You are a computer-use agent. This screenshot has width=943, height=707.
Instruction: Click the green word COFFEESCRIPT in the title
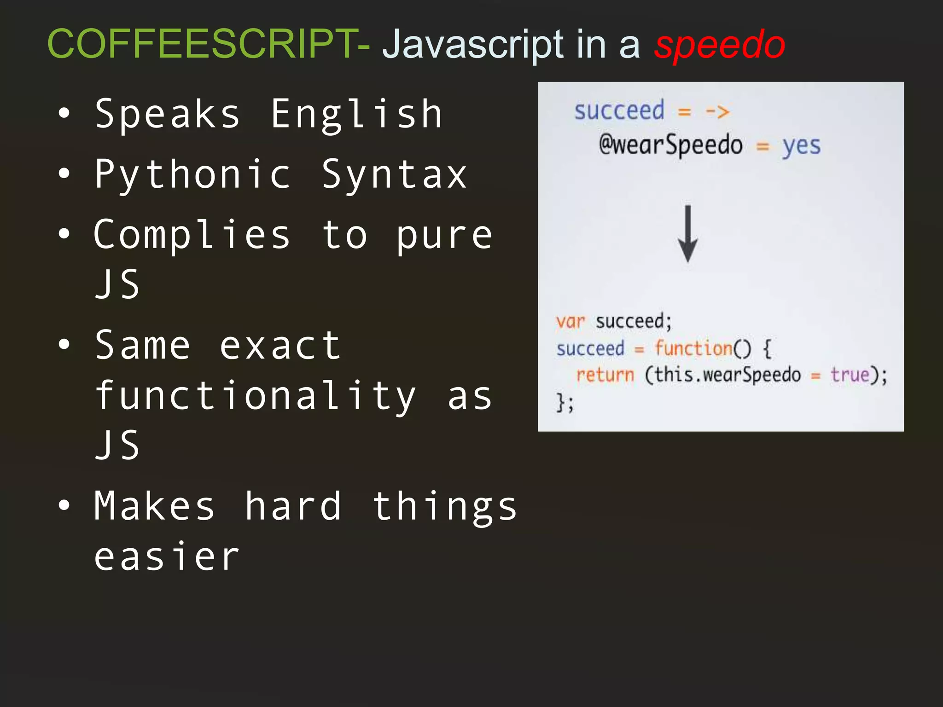[x=203, y=44]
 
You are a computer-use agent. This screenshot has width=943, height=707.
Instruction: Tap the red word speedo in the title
[x=719, y=45]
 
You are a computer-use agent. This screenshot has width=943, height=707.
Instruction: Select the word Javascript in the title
[x=473, y=45]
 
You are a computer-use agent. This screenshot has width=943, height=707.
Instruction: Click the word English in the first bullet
[x=356, y=114]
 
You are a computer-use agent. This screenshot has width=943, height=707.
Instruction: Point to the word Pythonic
[x=193, y=174]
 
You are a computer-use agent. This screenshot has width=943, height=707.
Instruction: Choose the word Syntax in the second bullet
[x=394, y=174]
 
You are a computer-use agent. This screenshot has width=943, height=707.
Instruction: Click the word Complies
[x=192, y=235]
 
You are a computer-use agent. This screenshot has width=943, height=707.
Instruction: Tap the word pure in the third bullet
[x=444, y=235]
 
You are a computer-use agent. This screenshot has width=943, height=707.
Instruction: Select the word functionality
[x=256, y=395]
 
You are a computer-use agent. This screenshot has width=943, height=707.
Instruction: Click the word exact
[x=280, y=345]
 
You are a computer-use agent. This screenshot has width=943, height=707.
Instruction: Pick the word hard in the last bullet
[x=293, y=506]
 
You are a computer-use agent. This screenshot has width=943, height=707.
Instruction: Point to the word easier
[x=167, y=556]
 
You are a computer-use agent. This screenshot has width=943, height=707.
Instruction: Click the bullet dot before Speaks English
[x=64, y=113]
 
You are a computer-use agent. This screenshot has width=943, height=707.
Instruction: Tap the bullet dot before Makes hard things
[x=64, y=505]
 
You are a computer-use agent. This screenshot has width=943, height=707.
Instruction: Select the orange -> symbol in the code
[x=717, y=112]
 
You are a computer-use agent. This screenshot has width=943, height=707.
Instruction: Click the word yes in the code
[x=801, y=146]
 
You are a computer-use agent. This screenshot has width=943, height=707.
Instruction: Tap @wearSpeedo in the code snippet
[x=670, y=145]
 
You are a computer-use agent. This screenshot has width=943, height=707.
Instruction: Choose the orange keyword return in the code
[x=605, y=375]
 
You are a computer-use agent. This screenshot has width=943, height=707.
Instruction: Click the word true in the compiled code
[x=850, y=375]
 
